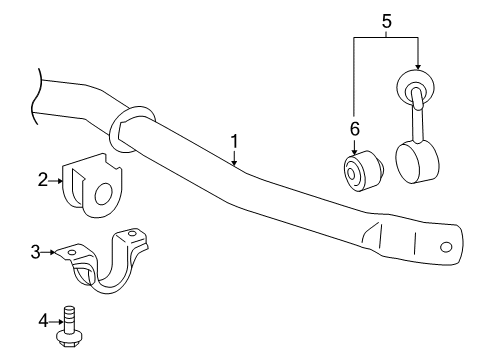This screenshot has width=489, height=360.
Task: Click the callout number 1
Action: click(234, 143)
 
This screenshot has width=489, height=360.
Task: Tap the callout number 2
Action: click(43, 180)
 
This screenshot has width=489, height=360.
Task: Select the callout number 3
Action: click(36, 252)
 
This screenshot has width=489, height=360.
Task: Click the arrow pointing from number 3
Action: click(50, 253)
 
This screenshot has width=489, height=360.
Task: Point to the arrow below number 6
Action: click(353, 148)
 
